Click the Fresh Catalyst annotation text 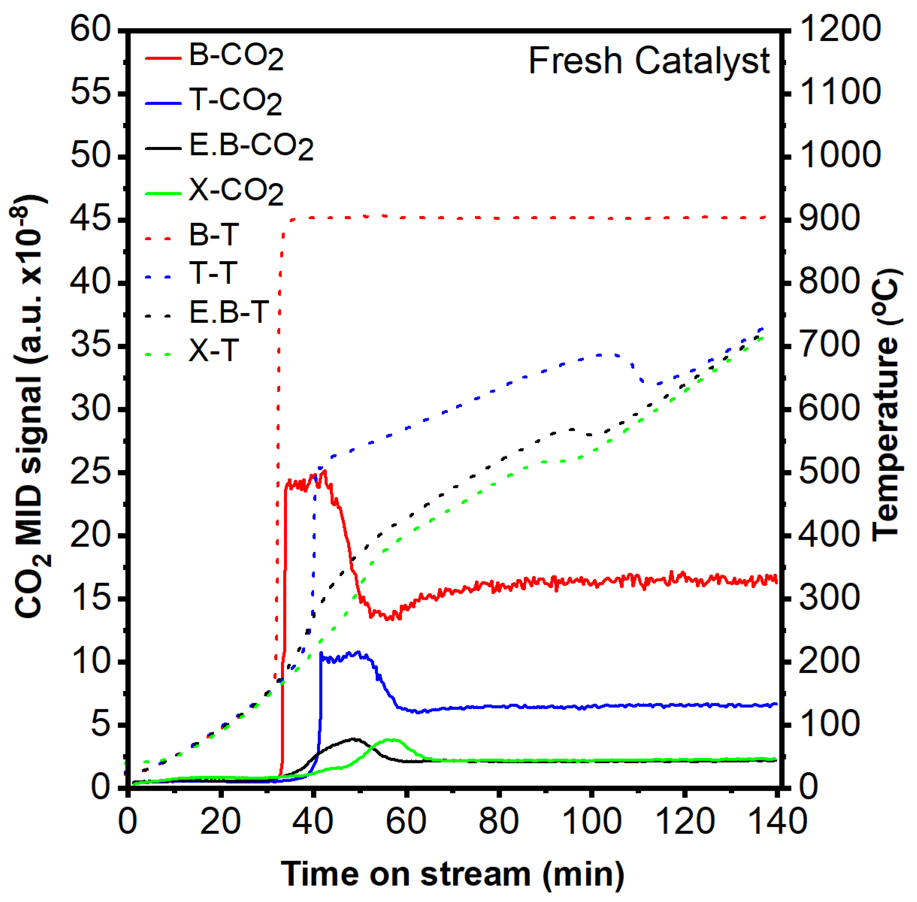[x=648, y=62]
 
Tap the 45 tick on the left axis [x=91, y=219]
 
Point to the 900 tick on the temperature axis [x=829, y=219]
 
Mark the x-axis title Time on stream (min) [x=452, y=873]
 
